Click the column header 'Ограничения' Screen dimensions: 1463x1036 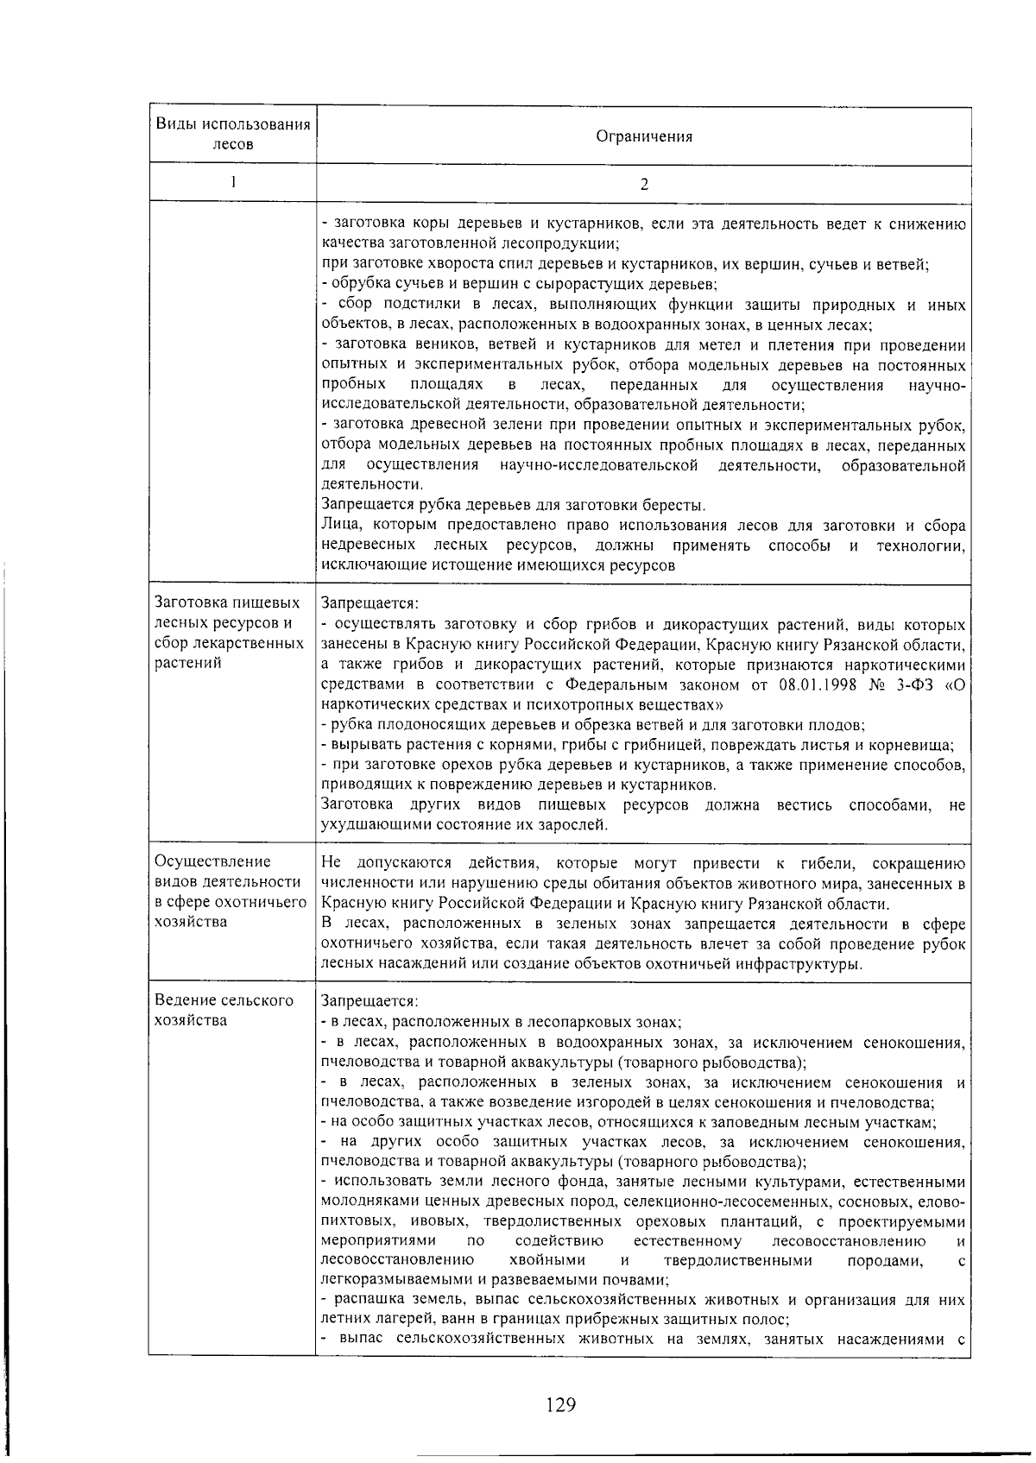(x=643, y=136)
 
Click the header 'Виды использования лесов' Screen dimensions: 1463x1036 (x=232, y=134)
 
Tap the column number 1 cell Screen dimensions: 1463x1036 (x=232, y=182)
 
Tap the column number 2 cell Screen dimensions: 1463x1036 (x=643, y=184)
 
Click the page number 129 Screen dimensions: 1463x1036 (x=560, y=1405)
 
